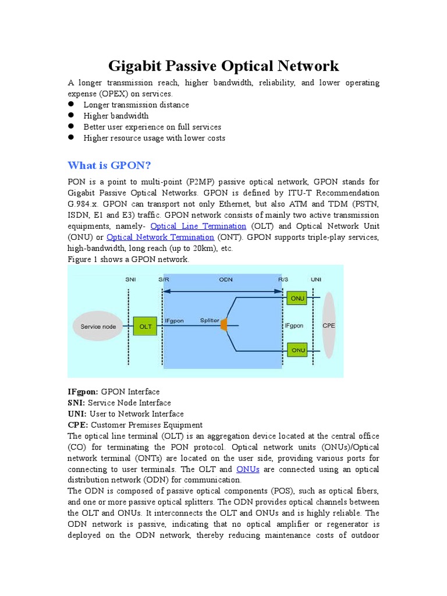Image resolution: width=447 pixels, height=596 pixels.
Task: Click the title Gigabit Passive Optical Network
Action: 223,65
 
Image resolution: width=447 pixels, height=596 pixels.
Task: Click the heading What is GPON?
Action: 109,165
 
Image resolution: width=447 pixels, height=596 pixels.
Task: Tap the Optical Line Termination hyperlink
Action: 198,226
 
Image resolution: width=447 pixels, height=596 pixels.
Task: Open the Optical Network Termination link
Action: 161,237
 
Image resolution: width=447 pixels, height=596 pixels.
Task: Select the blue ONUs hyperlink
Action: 248,469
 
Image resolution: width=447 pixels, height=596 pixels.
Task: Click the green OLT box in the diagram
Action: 146,327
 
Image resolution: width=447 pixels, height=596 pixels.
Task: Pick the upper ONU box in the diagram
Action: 298,298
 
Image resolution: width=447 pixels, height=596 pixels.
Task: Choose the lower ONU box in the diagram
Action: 298,350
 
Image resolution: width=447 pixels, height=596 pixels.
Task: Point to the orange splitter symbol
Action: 223,326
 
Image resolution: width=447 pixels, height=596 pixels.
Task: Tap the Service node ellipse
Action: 98,327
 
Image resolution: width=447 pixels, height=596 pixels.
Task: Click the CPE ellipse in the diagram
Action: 329,325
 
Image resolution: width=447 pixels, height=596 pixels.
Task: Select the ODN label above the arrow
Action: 226,279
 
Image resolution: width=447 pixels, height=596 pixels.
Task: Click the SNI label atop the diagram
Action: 131,279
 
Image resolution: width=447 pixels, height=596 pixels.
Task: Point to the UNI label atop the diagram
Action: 316,279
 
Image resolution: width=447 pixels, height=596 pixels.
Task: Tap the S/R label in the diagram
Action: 164,279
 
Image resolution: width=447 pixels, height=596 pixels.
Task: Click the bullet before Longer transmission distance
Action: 71,104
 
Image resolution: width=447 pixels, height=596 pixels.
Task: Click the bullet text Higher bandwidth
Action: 116,116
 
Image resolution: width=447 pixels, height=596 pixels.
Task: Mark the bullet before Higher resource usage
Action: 71,137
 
